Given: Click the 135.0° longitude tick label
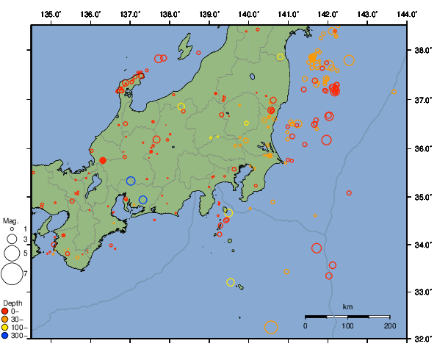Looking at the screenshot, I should (51, 14).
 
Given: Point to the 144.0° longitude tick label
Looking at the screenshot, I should (407, 14).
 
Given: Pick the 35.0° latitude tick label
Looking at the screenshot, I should (422, 197).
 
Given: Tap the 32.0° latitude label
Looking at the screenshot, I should (422, 339).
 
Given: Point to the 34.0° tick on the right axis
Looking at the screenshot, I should (422, 245).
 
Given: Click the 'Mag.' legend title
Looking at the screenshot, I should (10, 220).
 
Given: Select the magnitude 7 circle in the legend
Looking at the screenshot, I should (12, 274).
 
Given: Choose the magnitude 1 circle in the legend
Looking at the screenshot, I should (12, 229).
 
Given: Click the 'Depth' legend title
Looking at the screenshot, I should (12, 303).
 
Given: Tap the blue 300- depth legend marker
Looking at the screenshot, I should (6, 336).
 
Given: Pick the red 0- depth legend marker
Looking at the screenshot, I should (6, 312).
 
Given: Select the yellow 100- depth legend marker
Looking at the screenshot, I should (6, 328).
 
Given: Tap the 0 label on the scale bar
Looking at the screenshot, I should (306, 325).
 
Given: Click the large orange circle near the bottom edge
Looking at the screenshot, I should (271, 328).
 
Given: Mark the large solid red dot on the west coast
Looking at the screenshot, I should (103, 160).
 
